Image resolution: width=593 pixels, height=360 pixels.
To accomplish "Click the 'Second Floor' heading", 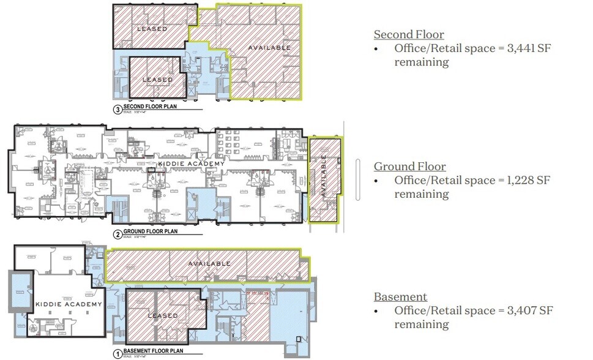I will (x=409, y=35).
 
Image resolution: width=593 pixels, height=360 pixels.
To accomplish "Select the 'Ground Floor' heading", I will (x=410, y=167).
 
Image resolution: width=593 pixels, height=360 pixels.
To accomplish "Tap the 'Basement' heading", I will (x=400, y=297).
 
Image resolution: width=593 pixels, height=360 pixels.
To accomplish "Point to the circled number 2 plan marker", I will (x=117, y=233).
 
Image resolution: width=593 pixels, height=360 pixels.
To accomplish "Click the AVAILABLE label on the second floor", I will (x=269, y=48).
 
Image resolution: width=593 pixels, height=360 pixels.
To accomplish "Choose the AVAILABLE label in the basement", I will (x=209, y=264).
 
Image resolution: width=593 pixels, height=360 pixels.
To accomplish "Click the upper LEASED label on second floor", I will (x=152, y=29).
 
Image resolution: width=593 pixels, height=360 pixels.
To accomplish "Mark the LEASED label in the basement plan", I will (x=163, y=316).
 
